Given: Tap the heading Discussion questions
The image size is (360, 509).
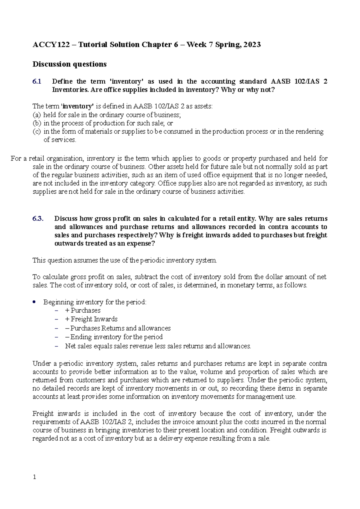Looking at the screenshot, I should click(x=69, y=64).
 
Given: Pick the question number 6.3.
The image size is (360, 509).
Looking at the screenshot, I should click(x=38, y=219).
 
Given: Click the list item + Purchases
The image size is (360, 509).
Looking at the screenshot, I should click(x=82, y=311).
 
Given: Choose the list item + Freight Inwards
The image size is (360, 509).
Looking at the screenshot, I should click(x=91, y=319).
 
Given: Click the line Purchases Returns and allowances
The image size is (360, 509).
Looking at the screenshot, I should click(x=118, y=328).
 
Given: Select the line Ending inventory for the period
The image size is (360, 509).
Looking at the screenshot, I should click(x=114, y=337).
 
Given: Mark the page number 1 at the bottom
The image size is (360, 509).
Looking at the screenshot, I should click(x=34, y=477).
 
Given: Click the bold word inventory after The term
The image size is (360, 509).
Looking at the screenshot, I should click(x=78, y=106).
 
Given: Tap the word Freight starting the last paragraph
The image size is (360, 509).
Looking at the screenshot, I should click(x=43, y=414).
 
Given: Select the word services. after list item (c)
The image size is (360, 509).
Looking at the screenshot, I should click(x=60, y=140).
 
